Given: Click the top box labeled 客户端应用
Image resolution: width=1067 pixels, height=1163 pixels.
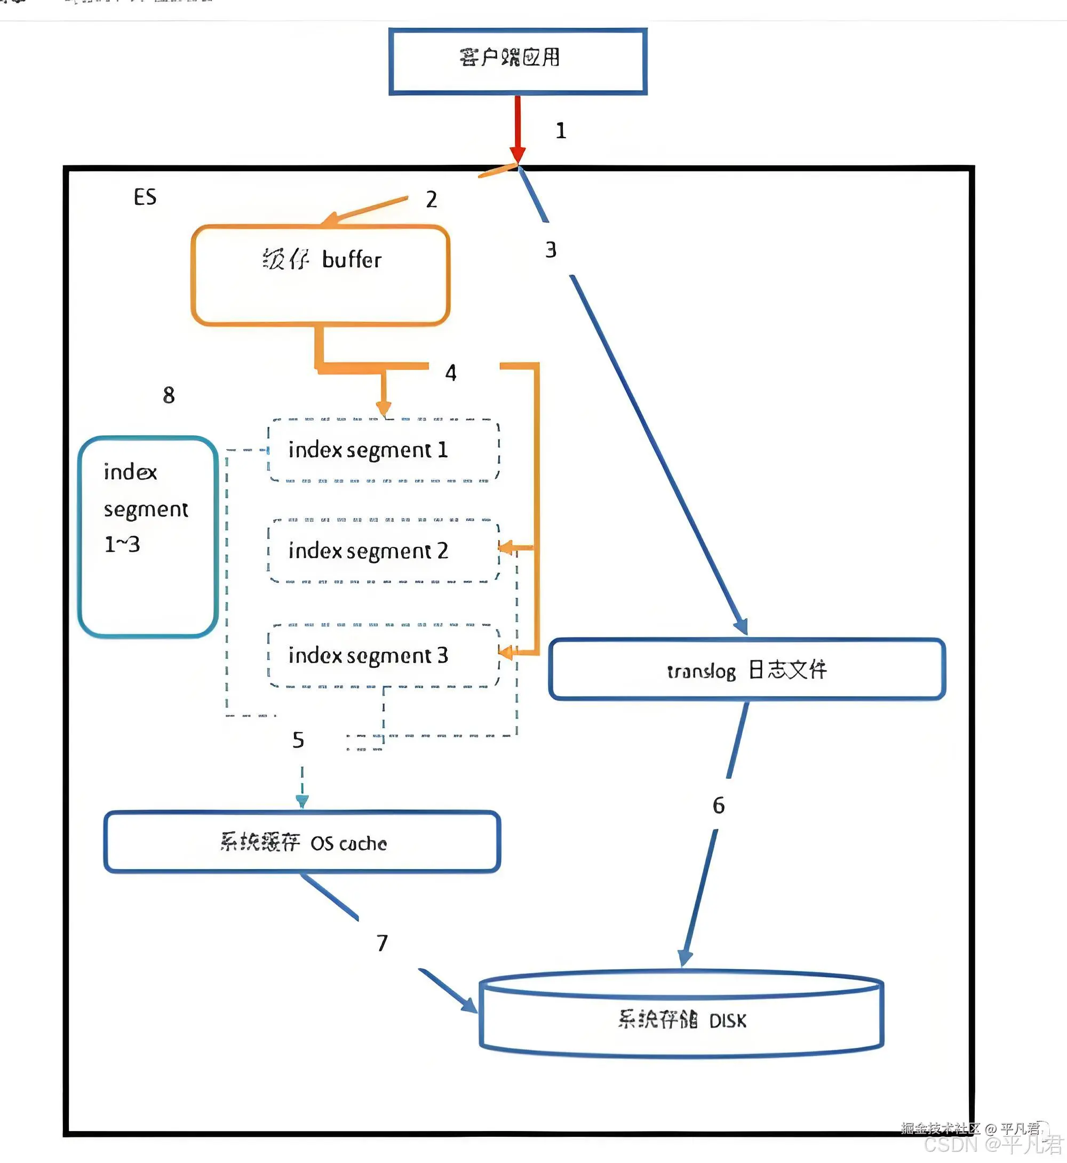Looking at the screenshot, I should (517, 61).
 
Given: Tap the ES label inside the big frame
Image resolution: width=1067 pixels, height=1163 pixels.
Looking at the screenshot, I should (145, 197).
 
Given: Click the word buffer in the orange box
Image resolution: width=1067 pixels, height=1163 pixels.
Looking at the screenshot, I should (352, 260).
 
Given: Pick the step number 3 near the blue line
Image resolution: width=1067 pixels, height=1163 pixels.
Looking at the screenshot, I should (551, 250).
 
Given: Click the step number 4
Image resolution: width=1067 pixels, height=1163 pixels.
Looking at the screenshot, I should (451, 373).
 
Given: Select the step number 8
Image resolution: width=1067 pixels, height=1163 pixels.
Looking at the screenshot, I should (169, 395).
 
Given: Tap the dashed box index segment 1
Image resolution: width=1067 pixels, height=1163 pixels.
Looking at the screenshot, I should (384, 450).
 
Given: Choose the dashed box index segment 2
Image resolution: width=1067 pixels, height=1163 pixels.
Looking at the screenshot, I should (384, 551).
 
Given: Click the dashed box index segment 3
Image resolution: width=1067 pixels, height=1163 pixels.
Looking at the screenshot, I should (384, 656).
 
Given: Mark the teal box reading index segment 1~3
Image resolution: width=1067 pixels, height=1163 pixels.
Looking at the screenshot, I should (148, 537).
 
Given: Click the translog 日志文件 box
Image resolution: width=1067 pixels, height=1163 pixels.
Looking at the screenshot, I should (746, 670).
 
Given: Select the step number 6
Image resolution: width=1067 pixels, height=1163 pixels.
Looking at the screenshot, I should (718, 806).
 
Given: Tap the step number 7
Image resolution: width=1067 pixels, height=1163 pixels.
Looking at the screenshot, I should (381, 943).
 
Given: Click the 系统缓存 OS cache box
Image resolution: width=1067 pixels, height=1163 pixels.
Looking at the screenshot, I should (302, 842).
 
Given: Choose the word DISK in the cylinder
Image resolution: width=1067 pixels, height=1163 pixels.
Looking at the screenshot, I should (728, 1021).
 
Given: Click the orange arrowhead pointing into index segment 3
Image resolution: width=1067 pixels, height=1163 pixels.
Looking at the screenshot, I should (505, 653).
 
